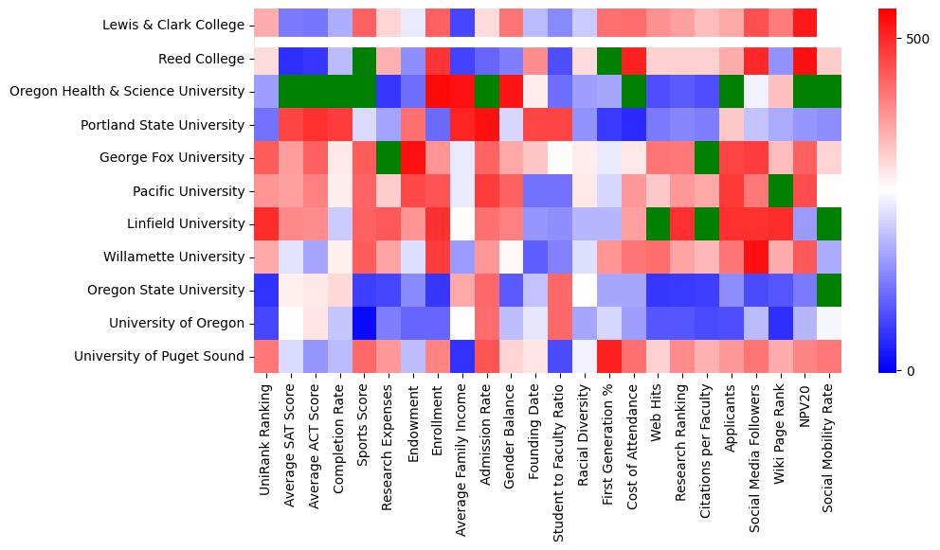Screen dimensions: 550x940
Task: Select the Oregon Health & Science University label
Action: point(126,92)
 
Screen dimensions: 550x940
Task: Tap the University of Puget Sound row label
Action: point(162,356)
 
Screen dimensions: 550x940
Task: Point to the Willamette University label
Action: point(178,257)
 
